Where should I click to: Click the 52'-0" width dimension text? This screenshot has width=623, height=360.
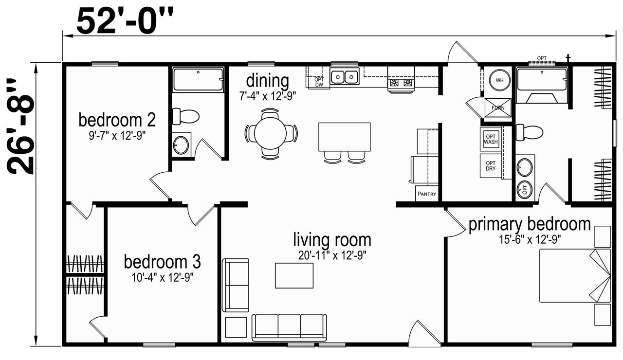(x=125, y=20)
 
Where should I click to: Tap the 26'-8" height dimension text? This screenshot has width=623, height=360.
(x=20, y=126)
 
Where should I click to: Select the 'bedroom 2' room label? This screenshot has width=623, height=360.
(x=117, y=120)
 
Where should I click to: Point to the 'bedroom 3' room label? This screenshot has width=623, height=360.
(x=162, y=262)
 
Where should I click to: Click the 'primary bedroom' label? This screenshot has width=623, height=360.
(x=530, y=224)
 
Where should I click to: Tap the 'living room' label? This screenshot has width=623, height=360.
(x=332, y=240)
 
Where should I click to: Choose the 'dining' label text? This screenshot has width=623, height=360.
(x=268, y=81)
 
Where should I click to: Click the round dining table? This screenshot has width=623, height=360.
(x=270, y=133)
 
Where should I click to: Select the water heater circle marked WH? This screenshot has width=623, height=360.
(x=499, y=80)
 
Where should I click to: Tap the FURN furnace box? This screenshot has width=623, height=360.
(x=498, y=108)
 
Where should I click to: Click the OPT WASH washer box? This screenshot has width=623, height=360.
(x=491, y=139)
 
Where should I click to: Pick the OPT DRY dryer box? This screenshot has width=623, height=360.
(x=491, y=166)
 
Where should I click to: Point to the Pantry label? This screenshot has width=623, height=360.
(x=427, y=194)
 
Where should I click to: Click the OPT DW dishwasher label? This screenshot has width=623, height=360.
(x=319, y=82)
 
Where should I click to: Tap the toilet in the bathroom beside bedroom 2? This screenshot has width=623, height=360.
(x=185, y=116)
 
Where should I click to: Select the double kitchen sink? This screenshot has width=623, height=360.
(x=345, y=76)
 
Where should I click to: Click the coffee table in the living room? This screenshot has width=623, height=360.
(x=294, y=275)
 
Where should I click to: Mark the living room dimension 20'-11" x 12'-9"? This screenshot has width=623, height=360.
(x=332, y=255)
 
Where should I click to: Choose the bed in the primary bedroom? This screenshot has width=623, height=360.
(x=575, y=275)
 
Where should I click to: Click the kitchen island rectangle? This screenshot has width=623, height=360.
(x=344, y=137)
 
